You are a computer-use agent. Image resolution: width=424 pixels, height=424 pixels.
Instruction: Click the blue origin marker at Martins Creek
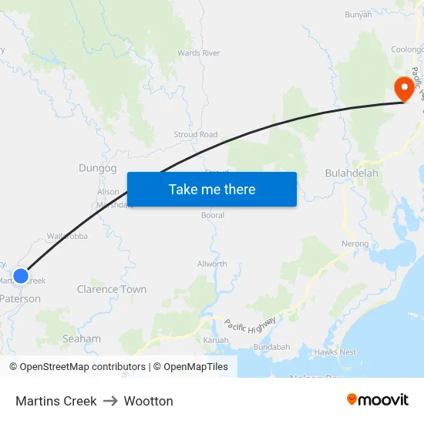21,275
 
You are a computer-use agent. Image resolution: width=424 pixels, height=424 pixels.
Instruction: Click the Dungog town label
98,168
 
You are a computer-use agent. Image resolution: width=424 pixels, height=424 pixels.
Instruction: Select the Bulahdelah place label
352,173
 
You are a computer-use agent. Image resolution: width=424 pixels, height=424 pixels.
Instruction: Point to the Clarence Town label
112,289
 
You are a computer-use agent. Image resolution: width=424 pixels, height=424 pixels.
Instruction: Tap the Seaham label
82,338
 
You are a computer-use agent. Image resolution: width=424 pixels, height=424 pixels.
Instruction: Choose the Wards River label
199,53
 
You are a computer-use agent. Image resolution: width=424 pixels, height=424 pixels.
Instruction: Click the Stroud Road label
196,134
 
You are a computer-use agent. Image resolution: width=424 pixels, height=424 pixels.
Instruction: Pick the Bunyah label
358,14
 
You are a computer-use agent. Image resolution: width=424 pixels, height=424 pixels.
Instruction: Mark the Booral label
213,215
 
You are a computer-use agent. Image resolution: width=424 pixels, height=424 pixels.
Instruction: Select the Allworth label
212,264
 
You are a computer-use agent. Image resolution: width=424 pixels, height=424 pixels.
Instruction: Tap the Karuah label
216,339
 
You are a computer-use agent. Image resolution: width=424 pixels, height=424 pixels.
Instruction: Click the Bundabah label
271,347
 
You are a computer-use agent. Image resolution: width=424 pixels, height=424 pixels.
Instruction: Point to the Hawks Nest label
335,352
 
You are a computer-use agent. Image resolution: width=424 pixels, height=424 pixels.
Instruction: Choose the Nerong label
355,244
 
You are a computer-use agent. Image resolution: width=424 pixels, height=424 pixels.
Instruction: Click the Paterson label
21,298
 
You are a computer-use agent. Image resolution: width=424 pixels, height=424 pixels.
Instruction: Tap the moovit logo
378,400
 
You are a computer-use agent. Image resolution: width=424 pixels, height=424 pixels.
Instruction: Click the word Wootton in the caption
149,401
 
